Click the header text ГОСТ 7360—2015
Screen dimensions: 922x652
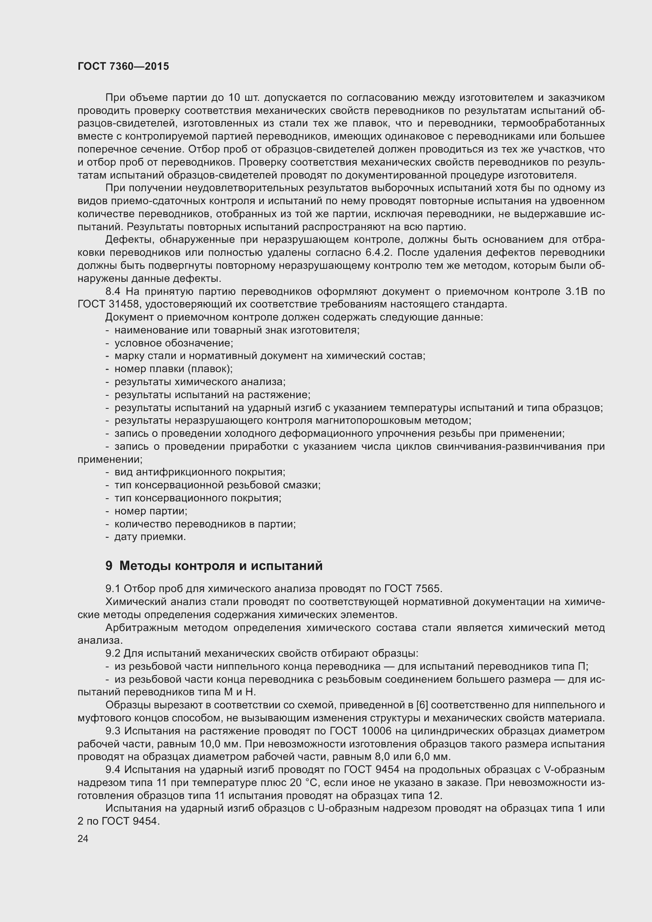tap(123, 66)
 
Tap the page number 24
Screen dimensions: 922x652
tap(83, 838)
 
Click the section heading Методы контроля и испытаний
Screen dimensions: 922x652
tap(221, 566)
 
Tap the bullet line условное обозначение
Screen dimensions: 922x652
tap(174, 343)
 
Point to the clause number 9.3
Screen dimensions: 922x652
tap(113, 731)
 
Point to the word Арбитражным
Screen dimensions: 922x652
tap(142, 628)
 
